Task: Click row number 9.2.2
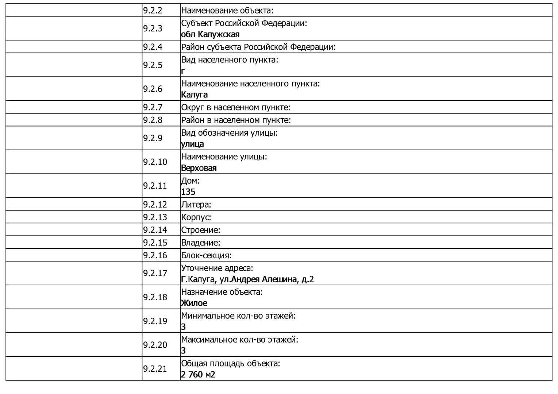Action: (153, 11)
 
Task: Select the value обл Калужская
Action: (210, 35)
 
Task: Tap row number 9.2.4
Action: (153, 47)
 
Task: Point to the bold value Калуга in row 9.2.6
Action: (194, 95)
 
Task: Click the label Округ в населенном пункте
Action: (235, 108)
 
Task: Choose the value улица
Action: (192, 144)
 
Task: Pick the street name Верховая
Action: (199, 168)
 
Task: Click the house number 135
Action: (188, 192)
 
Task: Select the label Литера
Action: (196, 205)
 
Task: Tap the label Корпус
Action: (196, 217)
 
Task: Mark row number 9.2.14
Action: (155, 230)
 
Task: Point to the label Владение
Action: (201, 243)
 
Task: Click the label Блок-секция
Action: (206, 256)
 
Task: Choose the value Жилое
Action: (194, 303)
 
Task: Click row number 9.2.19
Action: (155, 321)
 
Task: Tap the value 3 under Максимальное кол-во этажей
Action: (183, 351)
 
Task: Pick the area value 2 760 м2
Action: (198, 375)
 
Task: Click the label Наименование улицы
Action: (224, 157)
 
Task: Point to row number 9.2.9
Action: (153, 138)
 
